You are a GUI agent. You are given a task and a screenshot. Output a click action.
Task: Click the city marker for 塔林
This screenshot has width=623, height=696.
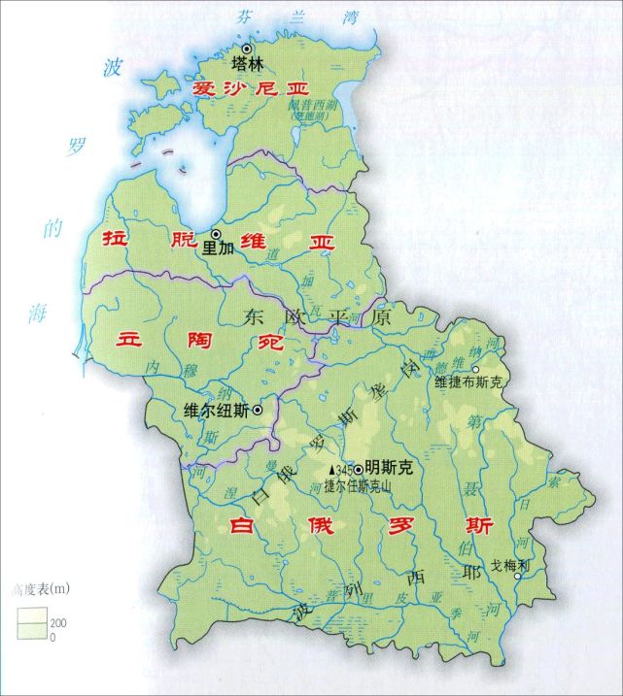pos(247,49)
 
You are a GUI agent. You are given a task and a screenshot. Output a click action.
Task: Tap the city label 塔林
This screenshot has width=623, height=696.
pos(247,65)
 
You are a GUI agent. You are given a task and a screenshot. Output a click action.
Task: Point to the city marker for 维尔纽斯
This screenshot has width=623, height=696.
pos(258,411)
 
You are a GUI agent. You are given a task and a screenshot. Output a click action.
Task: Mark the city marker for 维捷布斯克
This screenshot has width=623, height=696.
pos(475,370)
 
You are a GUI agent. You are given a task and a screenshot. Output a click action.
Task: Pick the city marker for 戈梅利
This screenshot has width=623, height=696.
pos(518,576)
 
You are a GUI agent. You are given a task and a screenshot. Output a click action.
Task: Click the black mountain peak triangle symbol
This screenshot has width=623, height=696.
pos(331,472)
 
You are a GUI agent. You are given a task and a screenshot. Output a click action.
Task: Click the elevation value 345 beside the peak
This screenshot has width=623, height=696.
pos(344,471)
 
